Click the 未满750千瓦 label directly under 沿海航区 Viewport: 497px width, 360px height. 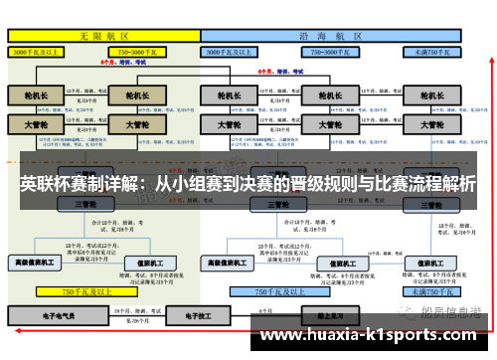[434, 49]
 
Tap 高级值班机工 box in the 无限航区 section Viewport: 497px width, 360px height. [35, 263]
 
